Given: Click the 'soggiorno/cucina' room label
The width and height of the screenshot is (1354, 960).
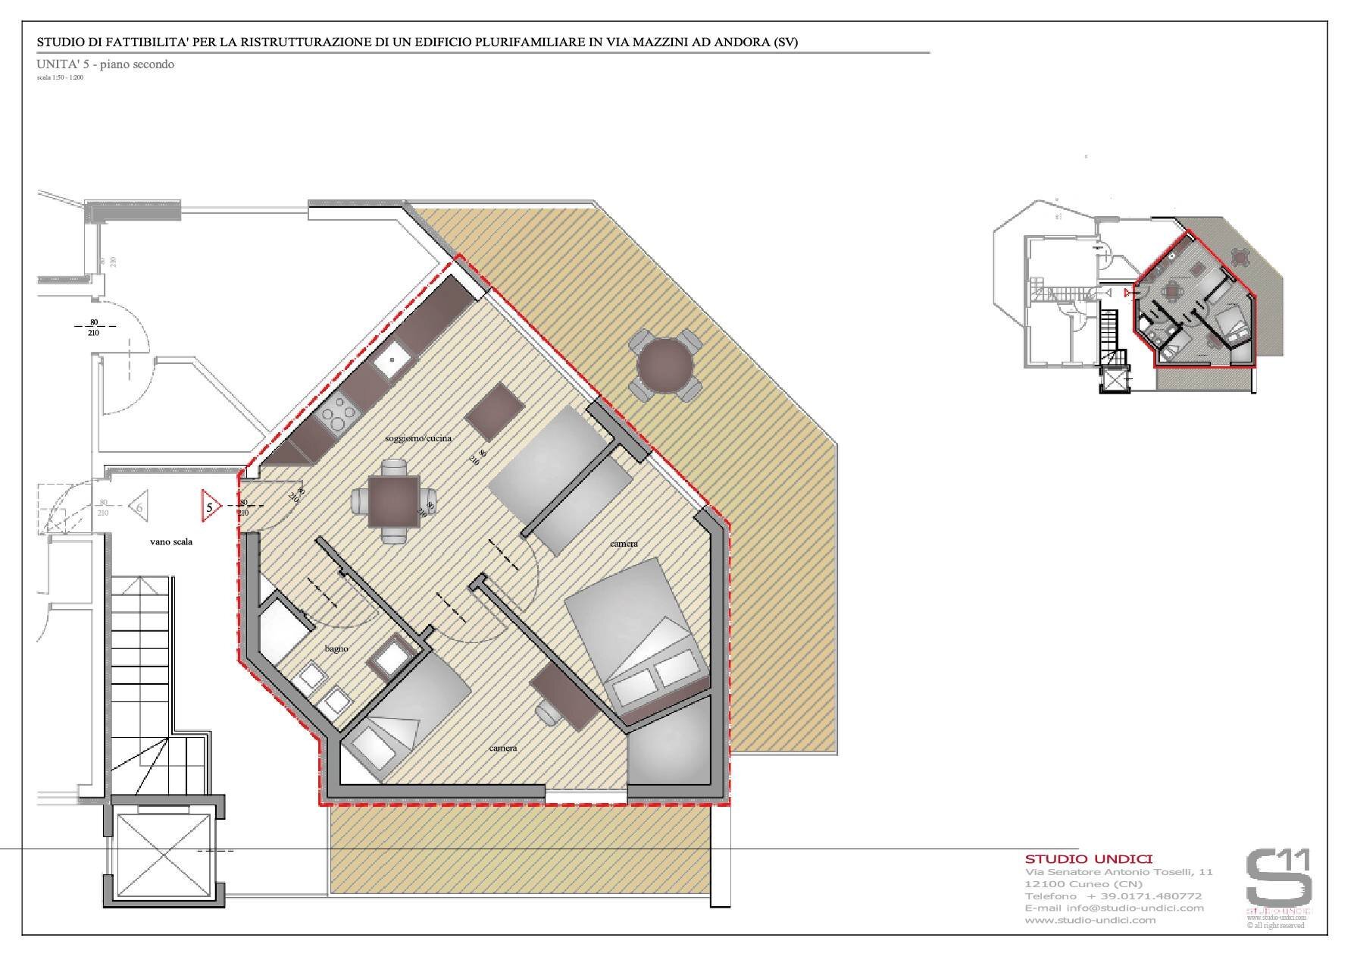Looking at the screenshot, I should click(418, 439).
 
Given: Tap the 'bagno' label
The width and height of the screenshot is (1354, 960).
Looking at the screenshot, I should click(336, 649).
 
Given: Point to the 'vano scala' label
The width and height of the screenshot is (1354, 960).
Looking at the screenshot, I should click(170, 542).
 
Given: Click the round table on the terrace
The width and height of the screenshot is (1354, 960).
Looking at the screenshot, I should click(665, 365).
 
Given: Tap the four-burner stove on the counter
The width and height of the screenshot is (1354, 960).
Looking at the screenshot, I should click(339, 415).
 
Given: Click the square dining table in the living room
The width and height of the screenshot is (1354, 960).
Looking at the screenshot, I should click(393, 501).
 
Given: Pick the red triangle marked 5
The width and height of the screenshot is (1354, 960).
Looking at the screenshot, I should click(210, 506).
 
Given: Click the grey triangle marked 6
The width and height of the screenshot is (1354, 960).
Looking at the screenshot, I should click(139, 505).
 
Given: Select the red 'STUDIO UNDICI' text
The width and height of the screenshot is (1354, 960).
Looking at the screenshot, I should click(1088, 859).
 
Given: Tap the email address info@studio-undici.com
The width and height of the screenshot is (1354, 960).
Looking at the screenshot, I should click(1114, 908).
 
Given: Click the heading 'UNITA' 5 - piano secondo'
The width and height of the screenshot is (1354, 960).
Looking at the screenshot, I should click(106, 64).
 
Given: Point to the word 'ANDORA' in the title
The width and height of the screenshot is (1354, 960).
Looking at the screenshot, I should click(726, 42).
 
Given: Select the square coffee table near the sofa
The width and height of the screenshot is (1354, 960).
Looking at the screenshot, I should click(491, 411).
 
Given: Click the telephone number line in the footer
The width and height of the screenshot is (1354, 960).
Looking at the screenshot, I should click(1113, 896).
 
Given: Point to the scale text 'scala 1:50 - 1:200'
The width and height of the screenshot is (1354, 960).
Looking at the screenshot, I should click(60, 77).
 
